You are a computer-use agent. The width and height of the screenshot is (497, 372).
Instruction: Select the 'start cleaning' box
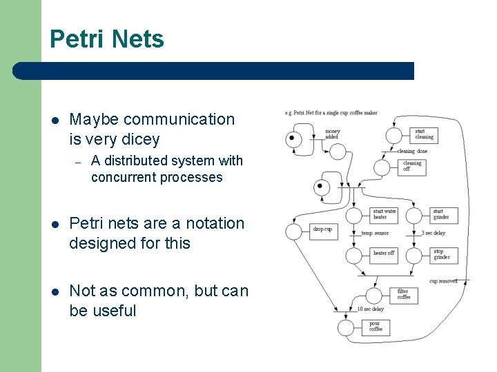(424, 134)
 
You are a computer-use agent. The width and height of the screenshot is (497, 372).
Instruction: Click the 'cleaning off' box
(412, 167)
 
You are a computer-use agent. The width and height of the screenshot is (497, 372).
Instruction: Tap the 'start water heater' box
(384, 214)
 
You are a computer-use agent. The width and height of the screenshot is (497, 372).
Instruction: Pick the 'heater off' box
(384, 254)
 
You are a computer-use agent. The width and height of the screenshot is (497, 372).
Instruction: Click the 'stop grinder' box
(442, 254)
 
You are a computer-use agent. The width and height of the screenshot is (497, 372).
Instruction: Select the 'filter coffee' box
(404, 294)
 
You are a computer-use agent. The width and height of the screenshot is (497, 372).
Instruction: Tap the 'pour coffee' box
(376, 326)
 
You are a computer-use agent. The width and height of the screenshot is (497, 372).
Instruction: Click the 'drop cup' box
(323, 229)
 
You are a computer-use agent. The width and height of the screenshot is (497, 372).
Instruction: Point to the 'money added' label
(332, 134)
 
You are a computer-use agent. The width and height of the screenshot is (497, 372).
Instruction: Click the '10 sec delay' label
(371, 309)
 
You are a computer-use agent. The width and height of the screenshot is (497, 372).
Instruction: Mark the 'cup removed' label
(443, 281)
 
